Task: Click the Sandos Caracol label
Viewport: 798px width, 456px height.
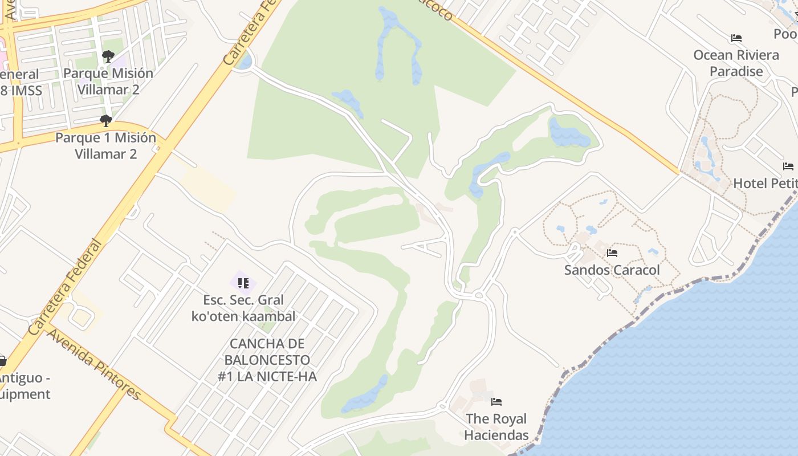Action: (612, 270)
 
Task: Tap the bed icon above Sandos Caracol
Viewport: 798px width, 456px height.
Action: (612, 253)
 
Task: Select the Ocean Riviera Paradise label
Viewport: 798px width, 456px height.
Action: (736, 63)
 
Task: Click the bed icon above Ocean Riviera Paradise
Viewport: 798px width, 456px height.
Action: (736, 39)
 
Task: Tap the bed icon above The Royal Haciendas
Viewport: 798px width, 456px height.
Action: (496, 402)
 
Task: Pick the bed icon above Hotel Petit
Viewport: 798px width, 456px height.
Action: (788, 166)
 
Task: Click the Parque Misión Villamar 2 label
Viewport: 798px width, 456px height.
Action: (108, 82)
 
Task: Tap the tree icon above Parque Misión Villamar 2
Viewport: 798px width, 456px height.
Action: (108, 56)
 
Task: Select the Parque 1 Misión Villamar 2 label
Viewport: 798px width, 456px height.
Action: (105, 145)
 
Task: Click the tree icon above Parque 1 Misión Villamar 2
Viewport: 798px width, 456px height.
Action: (105, 121)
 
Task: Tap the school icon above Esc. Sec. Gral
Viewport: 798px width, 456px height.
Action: (243, 283)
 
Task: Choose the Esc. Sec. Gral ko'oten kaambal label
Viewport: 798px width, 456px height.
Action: (243, 308)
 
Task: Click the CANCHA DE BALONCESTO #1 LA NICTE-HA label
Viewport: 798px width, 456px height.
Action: (267, 360)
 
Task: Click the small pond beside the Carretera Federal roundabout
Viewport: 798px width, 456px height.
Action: (243, 62)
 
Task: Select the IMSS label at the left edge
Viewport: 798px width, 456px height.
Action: (21, 90)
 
